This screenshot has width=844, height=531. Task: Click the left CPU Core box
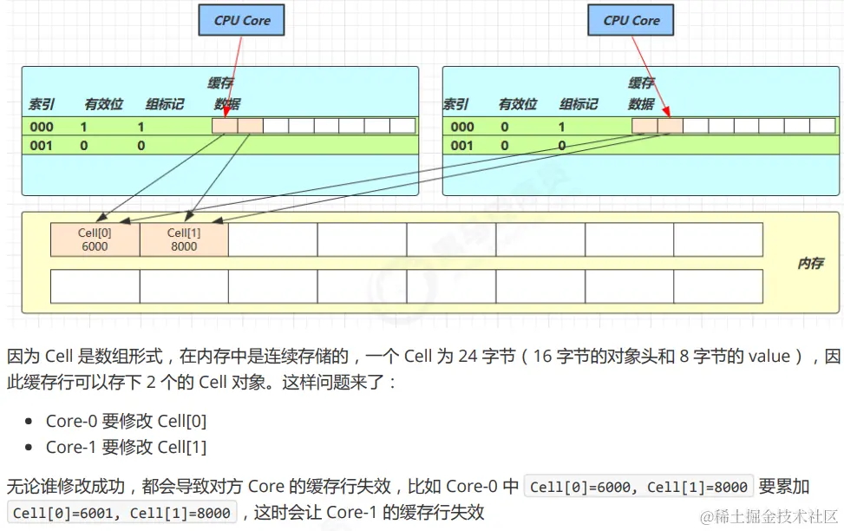click(x=243, y=20)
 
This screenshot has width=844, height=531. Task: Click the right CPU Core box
click(x=631, y=20)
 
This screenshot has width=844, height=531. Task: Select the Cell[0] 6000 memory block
click(x=95, y=239)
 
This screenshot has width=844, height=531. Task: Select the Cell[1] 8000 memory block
click(x=184, y=239)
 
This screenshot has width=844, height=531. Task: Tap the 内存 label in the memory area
click(x=810, y=263)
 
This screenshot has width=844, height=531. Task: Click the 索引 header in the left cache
click(x=42, y=104)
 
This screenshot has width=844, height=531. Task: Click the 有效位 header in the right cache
click(x=518, y=104)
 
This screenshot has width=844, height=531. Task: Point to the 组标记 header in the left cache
click(x=164, y=104)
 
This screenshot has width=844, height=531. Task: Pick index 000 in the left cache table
click(x=41, y=127)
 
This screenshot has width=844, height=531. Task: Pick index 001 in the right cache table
click(x=462, y=146)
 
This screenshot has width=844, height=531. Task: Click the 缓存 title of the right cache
click(x=641, y=83)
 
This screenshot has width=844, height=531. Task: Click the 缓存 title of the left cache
click(x=220, y=83)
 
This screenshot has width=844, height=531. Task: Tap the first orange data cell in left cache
click(x=225, y=126)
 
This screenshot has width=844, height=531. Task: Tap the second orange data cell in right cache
click(x=670, y=126)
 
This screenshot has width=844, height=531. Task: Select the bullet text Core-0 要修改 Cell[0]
click(x=126, y=422)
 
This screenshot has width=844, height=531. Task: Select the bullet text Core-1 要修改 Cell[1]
click(x=126, y=448)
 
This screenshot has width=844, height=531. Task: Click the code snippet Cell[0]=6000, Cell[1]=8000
click(x=638, y=487)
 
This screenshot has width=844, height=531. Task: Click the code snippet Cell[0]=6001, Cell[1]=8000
click(x=121, y=513)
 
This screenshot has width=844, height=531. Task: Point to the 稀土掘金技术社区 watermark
click(x=770, y=516)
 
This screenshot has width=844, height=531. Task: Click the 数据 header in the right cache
click(x=641, y=104)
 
